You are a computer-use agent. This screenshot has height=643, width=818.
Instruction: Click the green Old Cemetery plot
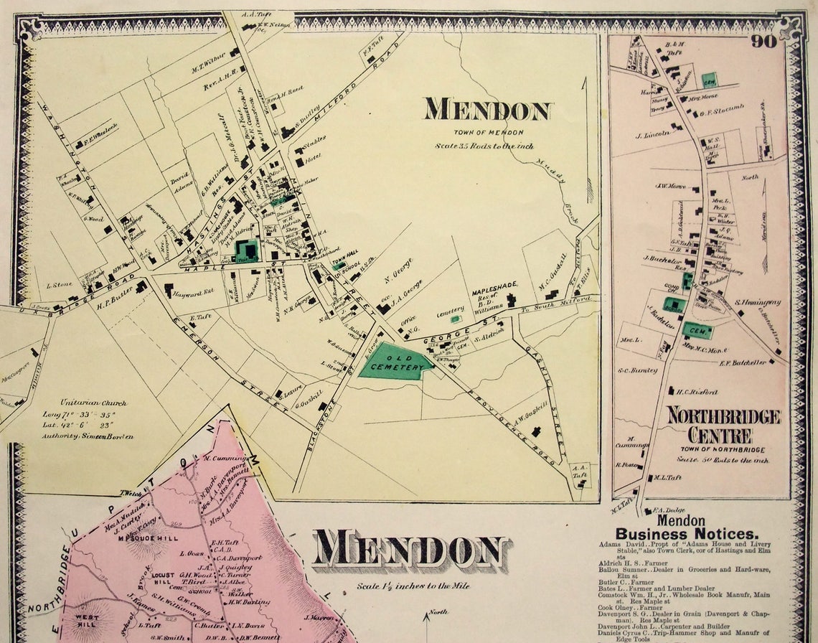395,361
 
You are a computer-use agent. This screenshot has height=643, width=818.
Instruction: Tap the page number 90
765,41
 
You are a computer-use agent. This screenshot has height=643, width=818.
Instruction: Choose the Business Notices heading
686,534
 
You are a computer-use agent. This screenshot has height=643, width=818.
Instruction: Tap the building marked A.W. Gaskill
535,431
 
